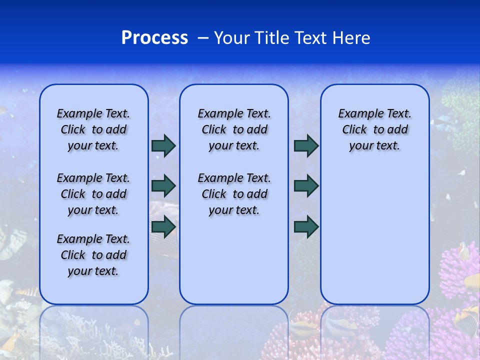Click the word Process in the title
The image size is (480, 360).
click(x=154, y=38)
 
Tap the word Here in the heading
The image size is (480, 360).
click(x=351, y=38)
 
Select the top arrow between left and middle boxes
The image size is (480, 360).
click(x=163, y=145)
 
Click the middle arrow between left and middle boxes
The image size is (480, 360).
click(x=163, y=186)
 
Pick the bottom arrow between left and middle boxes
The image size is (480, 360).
click(x=163, y=226)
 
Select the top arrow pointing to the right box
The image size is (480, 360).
click(x=306, y=145)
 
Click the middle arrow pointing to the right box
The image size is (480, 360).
click(x=306, y=186)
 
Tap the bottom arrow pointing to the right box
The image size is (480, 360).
click(x=306, y=226)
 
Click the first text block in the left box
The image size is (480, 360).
click(x=93, y=129)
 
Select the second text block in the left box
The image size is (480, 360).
click(x=93, y=194)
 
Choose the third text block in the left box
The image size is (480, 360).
click(x=93, y=255)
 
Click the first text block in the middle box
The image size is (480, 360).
click(x=234, y=129)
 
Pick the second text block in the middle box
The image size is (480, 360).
click(x=234, y=194)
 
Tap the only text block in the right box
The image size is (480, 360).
click(x=374, y=129)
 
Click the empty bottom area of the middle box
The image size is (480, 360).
click(x=234, y=265)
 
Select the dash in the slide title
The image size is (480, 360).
click(x=203, y=38)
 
